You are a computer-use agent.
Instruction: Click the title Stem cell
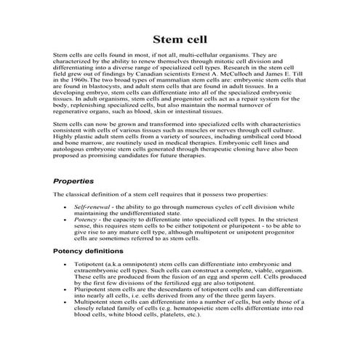(180, 39)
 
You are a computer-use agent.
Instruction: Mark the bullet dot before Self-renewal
(65, 208)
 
